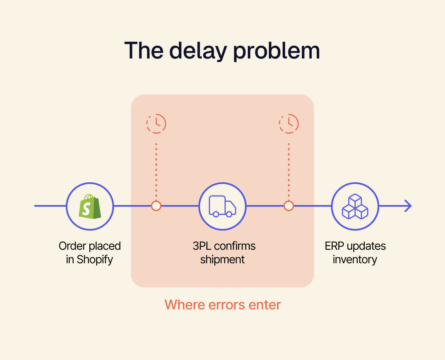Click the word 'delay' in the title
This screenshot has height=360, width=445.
pyautogui.click(x=198, y=51)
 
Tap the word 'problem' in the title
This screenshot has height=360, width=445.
pyautogui.click(x=276, y=51)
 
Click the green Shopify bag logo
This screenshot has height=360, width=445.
pyautogui.click(x=90, y=206)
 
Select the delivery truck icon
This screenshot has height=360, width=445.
pyautogui.click(x=222, y=206)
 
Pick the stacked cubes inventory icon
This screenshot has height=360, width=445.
pyautogui.click(x=355, y=206)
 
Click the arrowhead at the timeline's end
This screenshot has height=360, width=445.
pyautogui.click(x=408, y=206)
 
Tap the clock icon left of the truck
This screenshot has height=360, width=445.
pyautogui.click(x=156, y=124)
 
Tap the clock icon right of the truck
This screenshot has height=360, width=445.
pyautogui.click(x=289, y=124)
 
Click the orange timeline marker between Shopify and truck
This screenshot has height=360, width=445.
pyautogui.click(x=156, y=206)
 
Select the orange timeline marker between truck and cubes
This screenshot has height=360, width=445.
pyautogui.click(x=289, y=206)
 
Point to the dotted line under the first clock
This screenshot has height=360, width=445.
pyautogui.click(x=156, y=170)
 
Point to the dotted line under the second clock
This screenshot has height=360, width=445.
pyautogui.click(x=289, y=170)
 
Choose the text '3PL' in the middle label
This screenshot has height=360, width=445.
pyautogui.click(x=202, y=246)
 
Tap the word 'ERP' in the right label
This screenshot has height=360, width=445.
pyautogui.click(x=334, y=246)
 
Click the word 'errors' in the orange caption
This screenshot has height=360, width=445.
pyautogui.click(x=227, y=305)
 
